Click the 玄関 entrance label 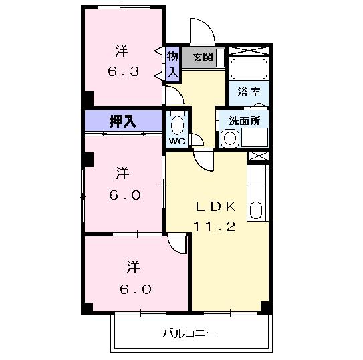(203, 57)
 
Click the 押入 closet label (124, 121)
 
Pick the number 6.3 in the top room (123, 71)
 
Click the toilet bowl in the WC (176, 125)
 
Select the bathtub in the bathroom (248, 69)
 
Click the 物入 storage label (172, 64)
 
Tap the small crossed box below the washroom (257, 156)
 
